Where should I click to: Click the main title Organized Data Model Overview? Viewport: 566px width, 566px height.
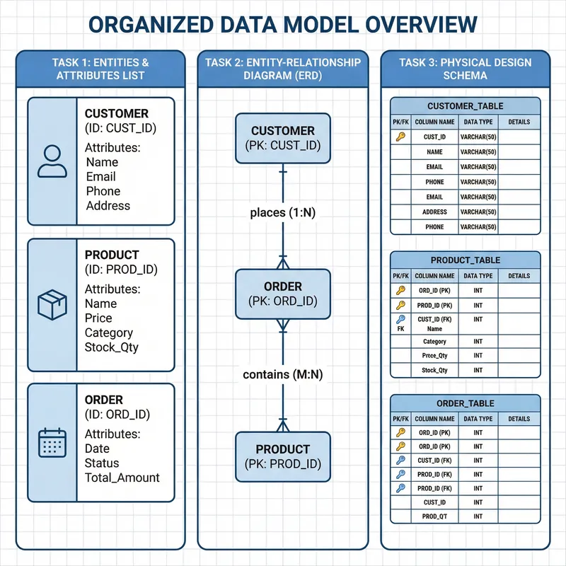[283, 25]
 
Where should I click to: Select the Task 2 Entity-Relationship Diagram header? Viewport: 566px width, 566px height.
[282, 69]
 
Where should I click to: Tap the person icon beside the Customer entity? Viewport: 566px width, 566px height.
[52, 161]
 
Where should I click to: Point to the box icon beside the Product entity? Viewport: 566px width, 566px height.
[52, 304]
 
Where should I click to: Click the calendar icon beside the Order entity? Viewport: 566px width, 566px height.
[52, 442]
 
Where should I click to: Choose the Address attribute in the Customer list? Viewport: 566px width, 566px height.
[108, 206]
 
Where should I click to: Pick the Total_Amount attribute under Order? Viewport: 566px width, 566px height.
[122, 478]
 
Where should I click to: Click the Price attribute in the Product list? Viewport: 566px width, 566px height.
[98, 318]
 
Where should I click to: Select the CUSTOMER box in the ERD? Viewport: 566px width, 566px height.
[283, 138]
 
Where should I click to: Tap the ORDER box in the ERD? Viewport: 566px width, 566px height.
[283, 294]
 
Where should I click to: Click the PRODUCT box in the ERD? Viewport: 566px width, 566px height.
[283, 456]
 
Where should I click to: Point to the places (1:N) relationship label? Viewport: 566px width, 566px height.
[283, 213]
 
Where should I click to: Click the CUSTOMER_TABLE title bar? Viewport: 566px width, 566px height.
[466, 106]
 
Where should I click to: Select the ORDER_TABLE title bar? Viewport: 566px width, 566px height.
[466, 403]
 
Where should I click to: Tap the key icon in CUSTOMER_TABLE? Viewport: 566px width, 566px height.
[400, 137]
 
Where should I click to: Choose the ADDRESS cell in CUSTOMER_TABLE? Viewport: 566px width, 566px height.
[435, 212]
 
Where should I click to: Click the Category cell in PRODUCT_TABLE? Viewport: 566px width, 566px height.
[435, 342]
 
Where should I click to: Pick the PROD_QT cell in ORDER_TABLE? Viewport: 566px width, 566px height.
[435, 516]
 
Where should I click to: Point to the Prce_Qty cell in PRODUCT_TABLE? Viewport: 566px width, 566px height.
[435, 356]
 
